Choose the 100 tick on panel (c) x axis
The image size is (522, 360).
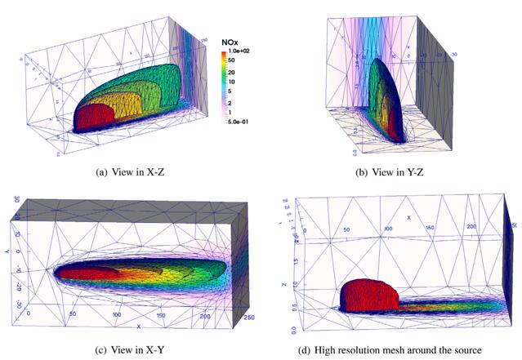pyautogui.click(x=118, y=314)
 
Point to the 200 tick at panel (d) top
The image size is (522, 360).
pyautogui.click(x=470, y=224)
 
